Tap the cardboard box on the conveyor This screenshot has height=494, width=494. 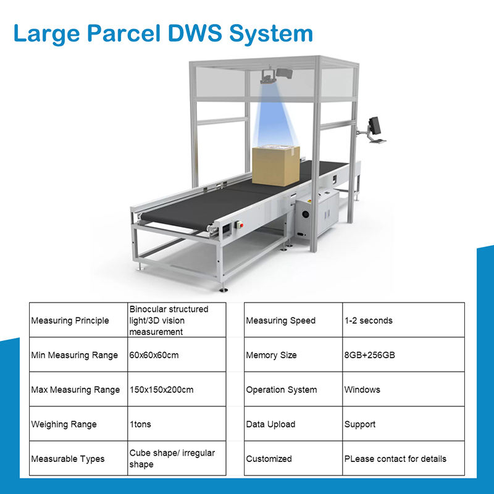pyautogui.click(x=276, y=165)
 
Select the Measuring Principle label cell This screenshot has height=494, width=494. pyautogui.click(x=70, y=320)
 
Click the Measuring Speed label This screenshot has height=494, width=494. pyautogui.click(x=281, y=320)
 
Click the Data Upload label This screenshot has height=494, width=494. pyautogui.click(x=271, y=424)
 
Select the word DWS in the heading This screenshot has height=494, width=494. pyautogui.click(x=195, y=33)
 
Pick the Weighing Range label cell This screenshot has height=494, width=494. pyautogui.click(x=65, y=424)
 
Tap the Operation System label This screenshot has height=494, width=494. pyautogui.click(x=282, y=390)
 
